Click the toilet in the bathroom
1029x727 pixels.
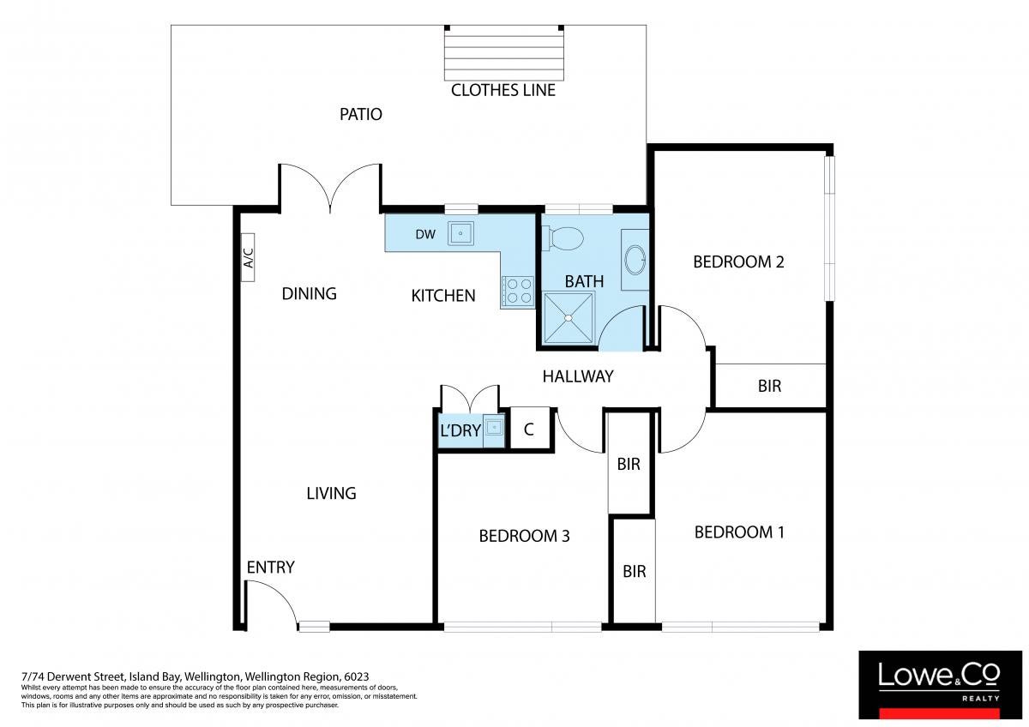tap(563, 238)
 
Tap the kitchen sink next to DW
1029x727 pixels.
tap(460, 233)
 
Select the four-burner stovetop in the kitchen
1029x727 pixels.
tap(518, 291)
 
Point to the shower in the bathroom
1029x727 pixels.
tap(569, 318)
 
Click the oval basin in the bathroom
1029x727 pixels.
tap(635, 260)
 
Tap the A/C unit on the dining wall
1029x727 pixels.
tap(248, 258)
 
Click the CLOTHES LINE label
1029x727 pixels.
tap(503, 91)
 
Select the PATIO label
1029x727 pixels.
tap(361, 114)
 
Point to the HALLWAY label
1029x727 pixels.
tap(578, 376)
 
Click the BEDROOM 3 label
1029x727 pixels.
tap(524, 536)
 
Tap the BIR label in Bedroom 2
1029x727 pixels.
tap(769, 387)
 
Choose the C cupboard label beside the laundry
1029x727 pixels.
tap(529, 430)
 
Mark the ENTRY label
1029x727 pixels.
tap(271, 568)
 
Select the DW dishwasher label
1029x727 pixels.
tap(425, 235)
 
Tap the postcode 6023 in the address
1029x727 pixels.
tap(357, 676)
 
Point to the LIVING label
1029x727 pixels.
tap(331, 494)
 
